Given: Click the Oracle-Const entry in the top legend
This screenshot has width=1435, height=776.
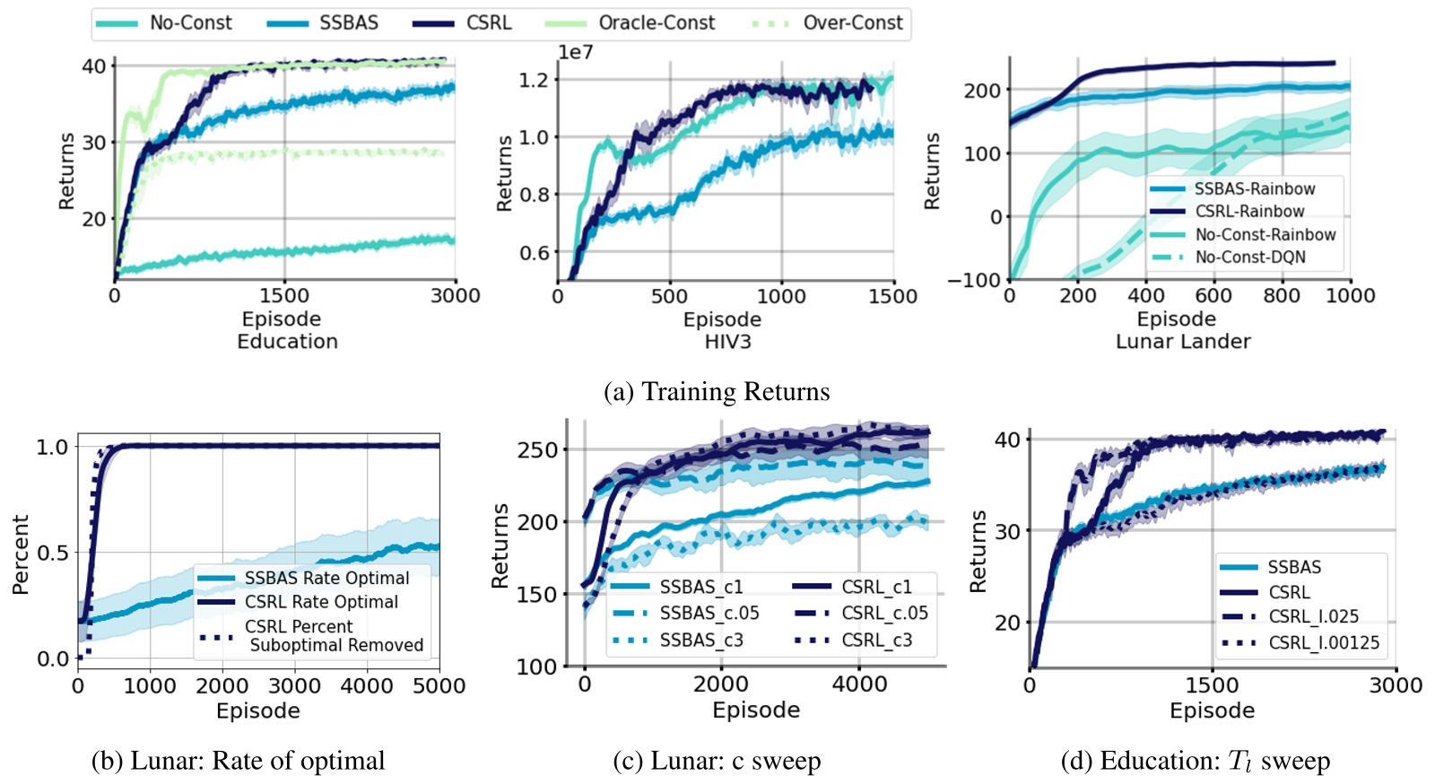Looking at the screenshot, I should [x=656, y=23].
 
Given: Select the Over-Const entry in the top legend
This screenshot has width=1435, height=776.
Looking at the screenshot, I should [x=852, y=23].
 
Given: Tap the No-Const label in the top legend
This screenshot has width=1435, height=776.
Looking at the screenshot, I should [x=190, y=23].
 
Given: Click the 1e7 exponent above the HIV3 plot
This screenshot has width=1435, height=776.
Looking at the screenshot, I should [x=575, y=52].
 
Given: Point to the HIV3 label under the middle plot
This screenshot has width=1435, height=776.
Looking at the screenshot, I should [x=727, y=342].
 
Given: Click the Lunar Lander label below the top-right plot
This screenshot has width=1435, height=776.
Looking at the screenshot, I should [x=1182, y=342].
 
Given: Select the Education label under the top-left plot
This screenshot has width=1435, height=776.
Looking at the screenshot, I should [x=287, y=342].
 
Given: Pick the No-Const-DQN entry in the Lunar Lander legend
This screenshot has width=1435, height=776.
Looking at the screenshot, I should [x=1249, y=257].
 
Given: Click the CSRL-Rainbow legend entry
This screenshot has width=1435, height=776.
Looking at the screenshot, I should [x=1249, y=212].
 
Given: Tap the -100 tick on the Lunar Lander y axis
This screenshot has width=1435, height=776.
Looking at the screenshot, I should [x=974, y=280].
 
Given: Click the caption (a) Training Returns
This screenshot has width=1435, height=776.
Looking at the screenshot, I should [x=717, y=392].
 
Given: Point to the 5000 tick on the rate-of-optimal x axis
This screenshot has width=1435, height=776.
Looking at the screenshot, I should [x=438, y=686].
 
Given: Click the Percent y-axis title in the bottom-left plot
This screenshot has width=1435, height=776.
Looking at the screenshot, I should [x=21, y=554].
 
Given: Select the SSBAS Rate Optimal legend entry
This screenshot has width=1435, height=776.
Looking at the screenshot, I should [x=326, y=579].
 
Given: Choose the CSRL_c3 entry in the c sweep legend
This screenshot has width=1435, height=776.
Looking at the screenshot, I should [x=875, y=641].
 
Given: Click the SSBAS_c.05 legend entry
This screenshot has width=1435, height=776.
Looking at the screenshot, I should [x=709, y=614].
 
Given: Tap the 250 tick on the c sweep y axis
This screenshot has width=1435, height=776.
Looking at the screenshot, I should [x=537, y=450].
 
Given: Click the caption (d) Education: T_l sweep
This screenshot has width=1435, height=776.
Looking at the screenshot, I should [x=1195, y=762].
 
